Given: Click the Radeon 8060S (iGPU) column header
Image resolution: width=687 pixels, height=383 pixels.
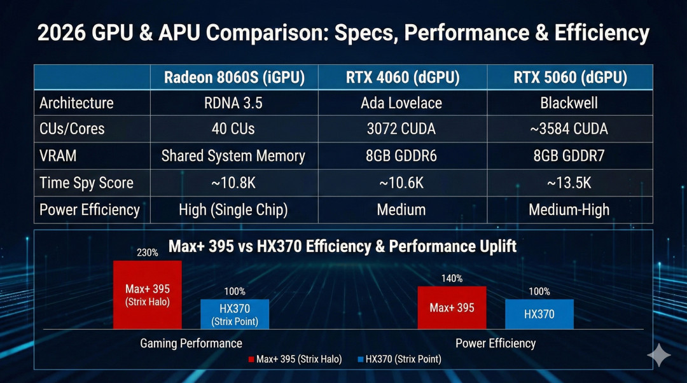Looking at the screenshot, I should [233, 78].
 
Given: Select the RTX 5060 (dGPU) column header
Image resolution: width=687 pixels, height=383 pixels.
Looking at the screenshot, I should [569, 78].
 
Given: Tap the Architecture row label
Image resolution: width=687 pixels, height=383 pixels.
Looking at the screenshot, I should [76, 103].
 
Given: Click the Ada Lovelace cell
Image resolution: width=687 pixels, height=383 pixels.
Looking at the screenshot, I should [403, 103].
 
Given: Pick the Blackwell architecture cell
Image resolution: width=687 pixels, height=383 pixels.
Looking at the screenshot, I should [569, 103].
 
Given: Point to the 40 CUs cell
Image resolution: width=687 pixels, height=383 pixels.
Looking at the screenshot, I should [233, 129].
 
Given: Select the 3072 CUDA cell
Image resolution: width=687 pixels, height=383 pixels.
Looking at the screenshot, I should [403, 129].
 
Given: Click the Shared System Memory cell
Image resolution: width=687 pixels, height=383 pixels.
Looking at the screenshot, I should [233, 156].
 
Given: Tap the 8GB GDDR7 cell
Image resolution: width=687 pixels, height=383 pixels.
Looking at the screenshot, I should [569, 156].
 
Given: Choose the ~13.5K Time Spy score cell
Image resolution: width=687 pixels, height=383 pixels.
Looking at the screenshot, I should [569, 183].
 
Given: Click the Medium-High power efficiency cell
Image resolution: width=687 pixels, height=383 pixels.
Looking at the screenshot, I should [569, 210].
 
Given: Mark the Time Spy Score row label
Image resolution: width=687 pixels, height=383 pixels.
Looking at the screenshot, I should [87, 183].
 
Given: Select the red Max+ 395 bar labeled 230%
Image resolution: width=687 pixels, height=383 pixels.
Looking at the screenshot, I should [148, 295].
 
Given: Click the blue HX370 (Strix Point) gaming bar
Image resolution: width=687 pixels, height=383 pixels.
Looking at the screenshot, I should [235, 314].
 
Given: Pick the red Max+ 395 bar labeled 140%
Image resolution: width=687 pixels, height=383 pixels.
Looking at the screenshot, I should [452, 308].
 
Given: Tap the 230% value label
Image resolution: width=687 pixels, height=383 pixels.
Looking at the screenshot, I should [148, 253].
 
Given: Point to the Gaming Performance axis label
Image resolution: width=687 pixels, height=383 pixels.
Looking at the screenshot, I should [191, 344].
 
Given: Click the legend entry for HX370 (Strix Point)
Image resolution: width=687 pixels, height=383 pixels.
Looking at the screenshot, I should [399, 359].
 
